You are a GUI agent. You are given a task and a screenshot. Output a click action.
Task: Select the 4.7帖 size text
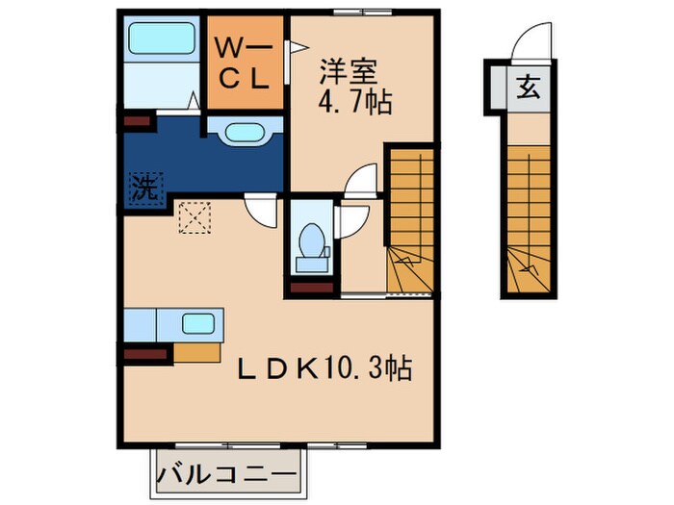coord(355,102)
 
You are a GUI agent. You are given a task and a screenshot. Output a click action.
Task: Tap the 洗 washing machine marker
coord(143,186)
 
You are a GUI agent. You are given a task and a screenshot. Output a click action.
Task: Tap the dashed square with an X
coord(195,216)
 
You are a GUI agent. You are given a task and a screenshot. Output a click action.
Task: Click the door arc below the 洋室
coord(361,183)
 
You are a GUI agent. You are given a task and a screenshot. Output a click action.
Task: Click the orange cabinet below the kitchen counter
coord(197,352)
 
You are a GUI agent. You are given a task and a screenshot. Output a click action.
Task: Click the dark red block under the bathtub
coord(136,122)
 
